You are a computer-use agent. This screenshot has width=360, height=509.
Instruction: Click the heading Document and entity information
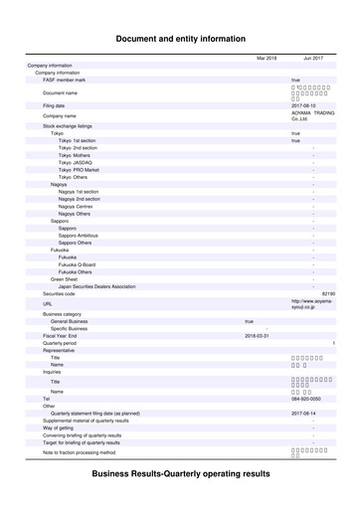point(180,39)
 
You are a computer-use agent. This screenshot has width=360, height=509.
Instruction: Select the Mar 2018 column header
point(266,59)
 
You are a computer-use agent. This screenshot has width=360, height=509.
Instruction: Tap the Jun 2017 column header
point(313,59)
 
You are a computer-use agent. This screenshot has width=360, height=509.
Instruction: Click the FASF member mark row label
point(64,80)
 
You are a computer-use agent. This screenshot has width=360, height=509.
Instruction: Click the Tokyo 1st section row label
point(77,141)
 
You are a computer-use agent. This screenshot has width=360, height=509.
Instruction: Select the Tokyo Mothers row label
point(74,156)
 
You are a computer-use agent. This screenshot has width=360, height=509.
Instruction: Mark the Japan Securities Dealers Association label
point(96,287)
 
